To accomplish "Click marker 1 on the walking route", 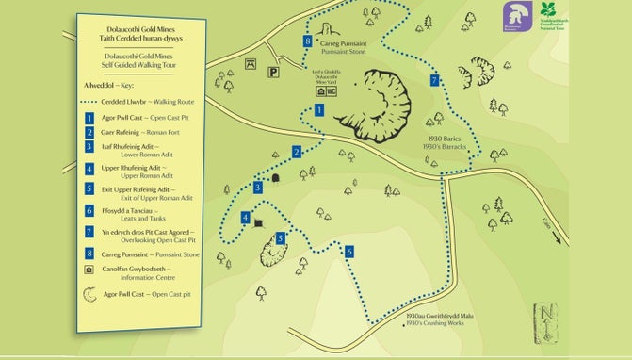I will pos(319,110).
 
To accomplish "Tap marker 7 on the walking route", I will pos(433,81).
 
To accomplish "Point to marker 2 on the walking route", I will pos(296,152).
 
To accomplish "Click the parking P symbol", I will pos(273,71).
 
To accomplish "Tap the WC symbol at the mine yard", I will pos(332,92).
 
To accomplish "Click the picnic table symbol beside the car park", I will pos(251,64).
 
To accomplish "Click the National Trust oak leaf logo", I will pos(550,14).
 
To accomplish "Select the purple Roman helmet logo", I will pos(513,14).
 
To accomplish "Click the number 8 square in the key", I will pos(88,252).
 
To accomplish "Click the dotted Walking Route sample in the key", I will pos(102,101).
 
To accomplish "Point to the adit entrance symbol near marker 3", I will pos(276,177).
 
